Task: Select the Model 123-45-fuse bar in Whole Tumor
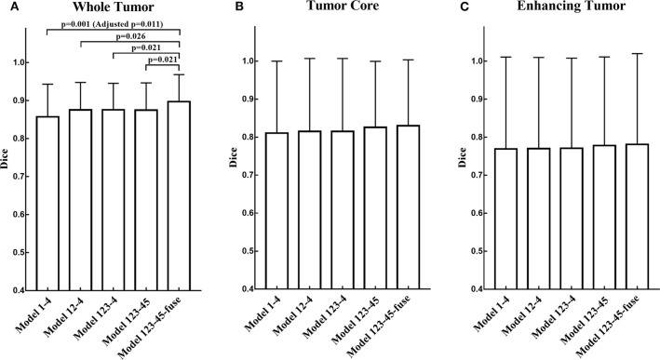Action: coord(179,194)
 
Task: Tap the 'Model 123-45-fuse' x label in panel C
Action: coord(601,326)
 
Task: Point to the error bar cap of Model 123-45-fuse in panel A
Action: coord(179,74)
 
